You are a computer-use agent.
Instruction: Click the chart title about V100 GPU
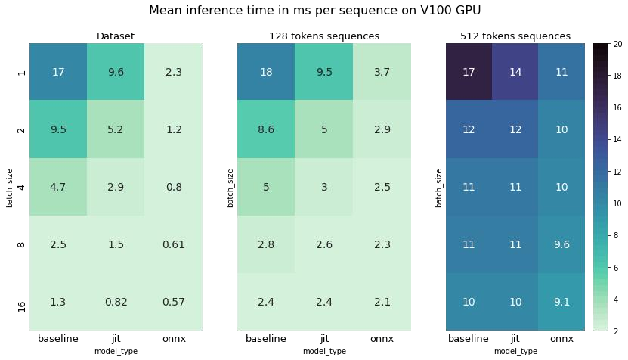click(x=315, y=10)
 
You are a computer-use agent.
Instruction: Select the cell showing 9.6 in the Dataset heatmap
click(x=116, y=72)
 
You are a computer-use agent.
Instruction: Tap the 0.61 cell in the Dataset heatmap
click(x=173, y=244)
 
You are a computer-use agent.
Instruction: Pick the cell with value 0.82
click(x=116, y=302)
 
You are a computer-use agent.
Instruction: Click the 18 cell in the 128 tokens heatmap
click(x=266, y=72)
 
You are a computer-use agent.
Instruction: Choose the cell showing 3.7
click(x=382, y=72)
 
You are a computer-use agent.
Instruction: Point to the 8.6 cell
click(x=266, y=129)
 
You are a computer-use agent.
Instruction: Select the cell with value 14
click(x=515, y=72)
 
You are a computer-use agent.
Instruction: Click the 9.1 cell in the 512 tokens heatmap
click(x=561, y=302)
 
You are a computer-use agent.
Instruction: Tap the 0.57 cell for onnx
click(x=173, y=302)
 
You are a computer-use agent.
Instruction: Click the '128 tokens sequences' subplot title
click(x=324, y=36)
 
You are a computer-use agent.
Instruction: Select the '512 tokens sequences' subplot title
click(x=515, y=36)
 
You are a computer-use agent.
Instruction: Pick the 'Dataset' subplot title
click(x=116, y=36)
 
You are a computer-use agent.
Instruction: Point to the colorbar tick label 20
click(x=617, y=44)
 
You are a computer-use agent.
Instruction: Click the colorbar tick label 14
click(x=617, y=139)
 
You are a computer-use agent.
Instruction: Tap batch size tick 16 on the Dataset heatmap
click(x=22, y=307)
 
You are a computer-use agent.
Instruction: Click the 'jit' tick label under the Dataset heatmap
click(x=116, y=339)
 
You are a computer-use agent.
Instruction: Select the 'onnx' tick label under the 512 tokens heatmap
click(x=561, y=339)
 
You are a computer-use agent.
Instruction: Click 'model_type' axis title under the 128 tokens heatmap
click(x=324, y=351)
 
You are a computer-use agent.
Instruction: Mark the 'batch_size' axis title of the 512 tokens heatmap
click(x=438, y=188)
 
